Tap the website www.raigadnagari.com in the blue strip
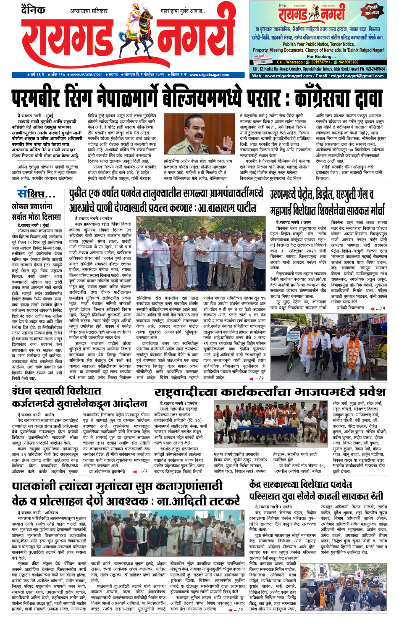pyautogui.click(x=209, y=75)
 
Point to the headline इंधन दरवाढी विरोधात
pyautogui.click(x=57, y=392)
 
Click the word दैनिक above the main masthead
pyautogui.click(x=33, y=9)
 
